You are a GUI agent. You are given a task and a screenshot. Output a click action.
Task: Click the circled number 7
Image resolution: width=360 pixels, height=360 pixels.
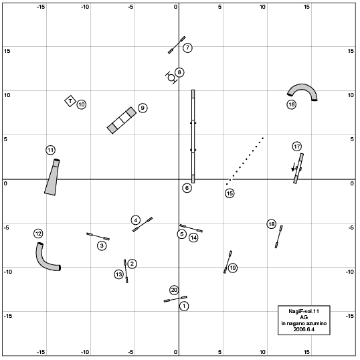click(187, 48)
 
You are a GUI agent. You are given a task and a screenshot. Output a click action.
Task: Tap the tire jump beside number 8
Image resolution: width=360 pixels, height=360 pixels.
click(171, 78)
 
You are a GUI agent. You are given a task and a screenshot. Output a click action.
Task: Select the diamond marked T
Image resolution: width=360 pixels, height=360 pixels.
click(70, 101)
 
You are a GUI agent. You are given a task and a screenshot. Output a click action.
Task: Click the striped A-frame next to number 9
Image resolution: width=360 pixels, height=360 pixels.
click(122, 120)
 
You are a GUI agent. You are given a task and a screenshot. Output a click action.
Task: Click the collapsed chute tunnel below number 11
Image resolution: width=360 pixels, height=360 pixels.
click(52, 177)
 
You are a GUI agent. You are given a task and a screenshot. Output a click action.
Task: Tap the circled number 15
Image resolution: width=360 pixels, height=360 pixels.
click(230, 193)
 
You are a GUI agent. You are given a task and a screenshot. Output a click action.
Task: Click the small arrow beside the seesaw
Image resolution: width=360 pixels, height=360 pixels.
click(293, 167)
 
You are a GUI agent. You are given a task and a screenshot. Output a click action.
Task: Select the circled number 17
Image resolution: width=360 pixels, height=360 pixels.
click(297, 147)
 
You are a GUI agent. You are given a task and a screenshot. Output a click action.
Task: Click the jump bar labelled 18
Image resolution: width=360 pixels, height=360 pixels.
click(279, 237)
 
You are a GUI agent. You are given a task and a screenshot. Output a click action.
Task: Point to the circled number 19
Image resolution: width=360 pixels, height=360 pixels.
click(233, 268)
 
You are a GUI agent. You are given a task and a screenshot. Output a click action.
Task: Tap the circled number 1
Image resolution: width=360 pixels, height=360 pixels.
click(184, 306)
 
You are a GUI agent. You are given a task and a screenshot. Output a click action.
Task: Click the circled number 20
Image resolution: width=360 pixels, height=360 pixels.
click(174, 290)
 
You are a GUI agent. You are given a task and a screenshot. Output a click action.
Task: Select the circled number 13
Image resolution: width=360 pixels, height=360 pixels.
click(118, 274)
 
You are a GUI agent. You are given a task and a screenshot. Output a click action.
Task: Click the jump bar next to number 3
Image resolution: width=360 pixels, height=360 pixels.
click(98, 236)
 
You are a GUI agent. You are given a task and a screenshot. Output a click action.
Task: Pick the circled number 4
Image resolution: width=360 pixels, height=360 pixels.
click(136, 220)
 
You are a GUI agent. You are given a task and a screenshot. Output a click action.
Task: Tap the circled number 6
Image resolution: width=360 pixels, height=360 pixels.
click(187, 188)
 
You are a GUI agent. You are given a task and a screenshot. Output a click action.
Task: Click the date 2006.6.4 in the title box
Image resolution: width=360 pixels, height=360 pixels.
click(304, 329)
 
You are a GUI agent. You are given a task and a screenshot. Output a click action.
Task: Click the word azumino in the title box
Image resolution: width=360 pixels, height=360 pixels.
click(315, 323)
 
